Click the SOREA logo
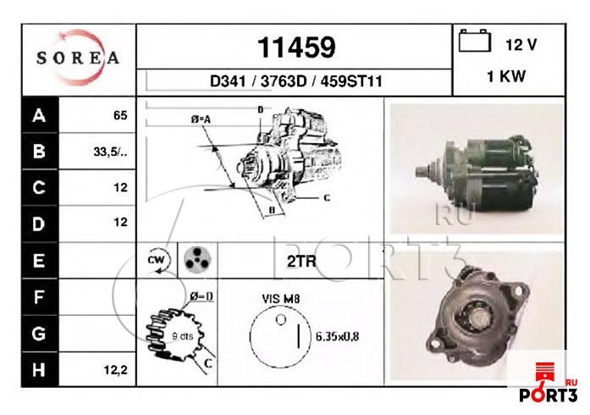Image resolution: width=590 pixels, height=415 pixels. click(78, 58)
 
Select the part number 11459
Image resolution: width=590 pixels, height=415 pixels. click(296, 47)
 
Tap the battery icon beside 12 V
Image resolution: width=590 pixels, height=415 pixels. click(475, 41)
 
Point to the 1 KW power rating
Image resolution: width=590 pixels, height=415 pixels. click(506, 76)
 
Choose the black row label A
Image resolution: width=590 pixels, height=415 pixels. click(40, 115)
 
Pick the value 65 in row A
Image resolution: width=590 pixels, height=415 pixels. click(120, 115)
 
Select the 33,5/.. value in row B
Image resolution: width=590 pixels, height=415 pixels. click(110, 152)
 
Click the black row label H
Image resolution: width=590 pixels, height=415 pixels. click(40, 370)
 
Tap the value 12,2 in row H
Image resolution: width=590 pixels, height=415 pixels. click(116, 370)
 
